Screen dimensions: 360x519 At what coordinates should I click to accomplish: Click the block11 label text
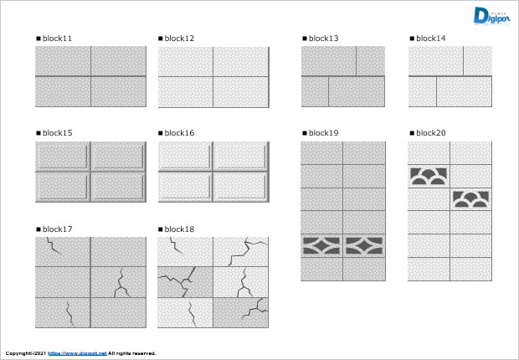coord(57,39)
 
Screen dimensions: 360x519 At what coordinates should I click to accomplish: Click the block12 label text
coord(179,39)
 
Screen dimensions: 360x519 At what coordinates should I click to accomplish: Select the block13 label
coord(323,39)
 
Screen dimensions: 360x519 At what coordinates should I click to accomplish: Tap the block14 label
coord(430,39)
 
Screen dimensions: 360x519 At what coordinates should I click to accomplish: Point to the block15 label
coord(57,133)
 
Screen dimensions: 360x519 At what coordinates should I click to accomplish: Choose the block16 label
coord(179,133)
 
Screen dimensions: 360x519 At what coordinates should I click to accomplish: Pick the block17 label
coord(57,229)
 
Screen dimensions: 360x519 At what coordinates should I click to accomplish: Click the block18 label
coord(179,229)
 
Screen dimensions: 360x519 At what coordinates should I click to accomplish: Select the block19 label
coord(323,133)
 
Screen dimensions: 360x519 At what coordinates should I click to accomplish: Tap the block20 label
coord(430,133)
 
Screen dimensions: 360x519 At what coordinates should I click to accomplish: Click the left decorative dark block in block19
coord(321,245)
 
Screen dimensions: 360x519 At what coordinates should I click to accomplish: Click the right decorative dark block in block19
coord(364,245)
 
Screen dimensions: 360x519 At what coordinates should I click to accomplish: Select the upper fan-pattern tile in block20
coord(429,176)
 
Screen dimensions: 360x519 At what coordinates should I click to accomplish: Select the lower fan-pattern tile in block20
coord(470,199)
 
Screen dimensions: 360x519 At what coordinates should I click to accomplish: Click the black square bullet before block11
coord(38,39)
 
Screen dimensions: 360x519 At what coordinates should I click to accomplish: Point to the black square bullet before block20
coord(411,133)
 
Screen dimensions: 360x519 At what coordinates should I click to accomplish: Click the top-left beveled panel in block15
coord(63,157)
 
